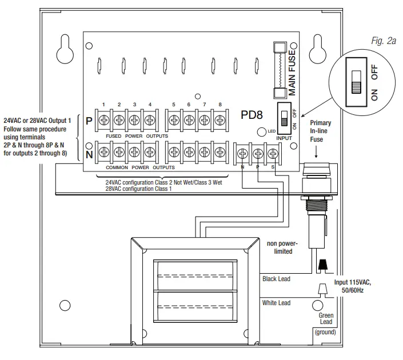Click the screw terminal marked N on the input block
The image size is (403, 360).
(x=243, y=153)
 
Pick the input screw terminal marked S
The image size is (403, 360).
(x=273, y=153)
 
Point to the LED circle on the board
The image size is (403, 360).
(x=261, y=131)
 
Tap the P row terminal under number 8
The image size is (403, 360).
(x=219, y=121)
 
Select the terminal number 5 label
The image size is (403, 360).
(x=173, y=104)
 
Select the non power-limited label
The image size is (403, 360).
(x=284, y=246)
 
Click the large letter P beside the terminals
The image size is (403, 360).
(x=89, y=121)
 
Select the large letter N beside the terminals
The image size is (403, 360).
(x=89, y=153)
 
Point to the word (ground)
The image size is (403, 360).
(x=324, y=332)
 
